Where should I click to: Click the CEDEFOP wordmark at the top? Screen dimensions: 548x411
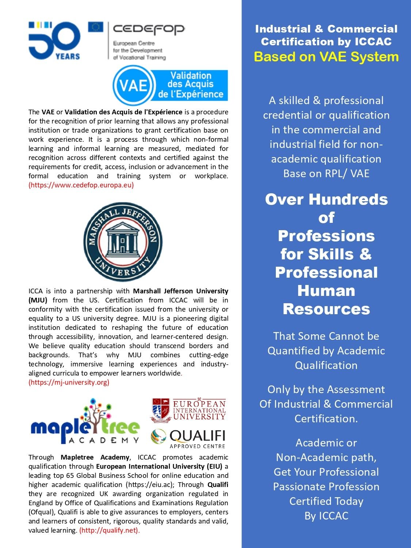point(149,29)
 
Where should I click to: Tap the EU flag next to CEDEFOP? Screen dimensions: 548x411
point(95,27)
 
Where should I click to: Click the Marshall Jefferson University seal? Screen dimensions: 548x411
point(123,242)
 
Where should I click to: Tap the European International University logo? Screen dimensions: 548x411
point(189,410)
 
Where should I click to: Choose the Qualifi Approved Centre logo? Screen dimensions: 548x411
point(189,438)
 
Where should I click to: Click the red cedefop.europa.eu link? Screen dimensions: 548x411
point(81,185)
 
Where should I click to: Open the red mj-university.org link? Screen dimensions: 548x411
point(69,383)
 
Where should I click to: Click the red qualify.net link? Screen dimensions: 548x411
point(109,530)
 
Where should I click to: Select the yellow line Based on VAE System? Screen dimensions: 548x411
point(326,57)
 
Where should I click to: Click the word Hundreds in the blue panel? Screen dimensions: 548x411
point(348,199)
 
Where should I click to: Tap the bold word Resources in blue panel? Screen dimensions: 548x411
point(326,309)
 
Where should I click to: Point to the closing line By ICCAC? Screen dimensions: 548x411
point(326,516)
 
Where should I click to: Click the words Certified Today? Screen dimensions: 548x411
point(326,501)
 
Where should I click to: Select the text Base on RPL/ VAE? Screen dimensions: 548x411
point(326,173)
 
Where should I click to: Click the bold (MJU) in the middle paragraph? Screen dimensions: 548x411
point(38,300)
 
